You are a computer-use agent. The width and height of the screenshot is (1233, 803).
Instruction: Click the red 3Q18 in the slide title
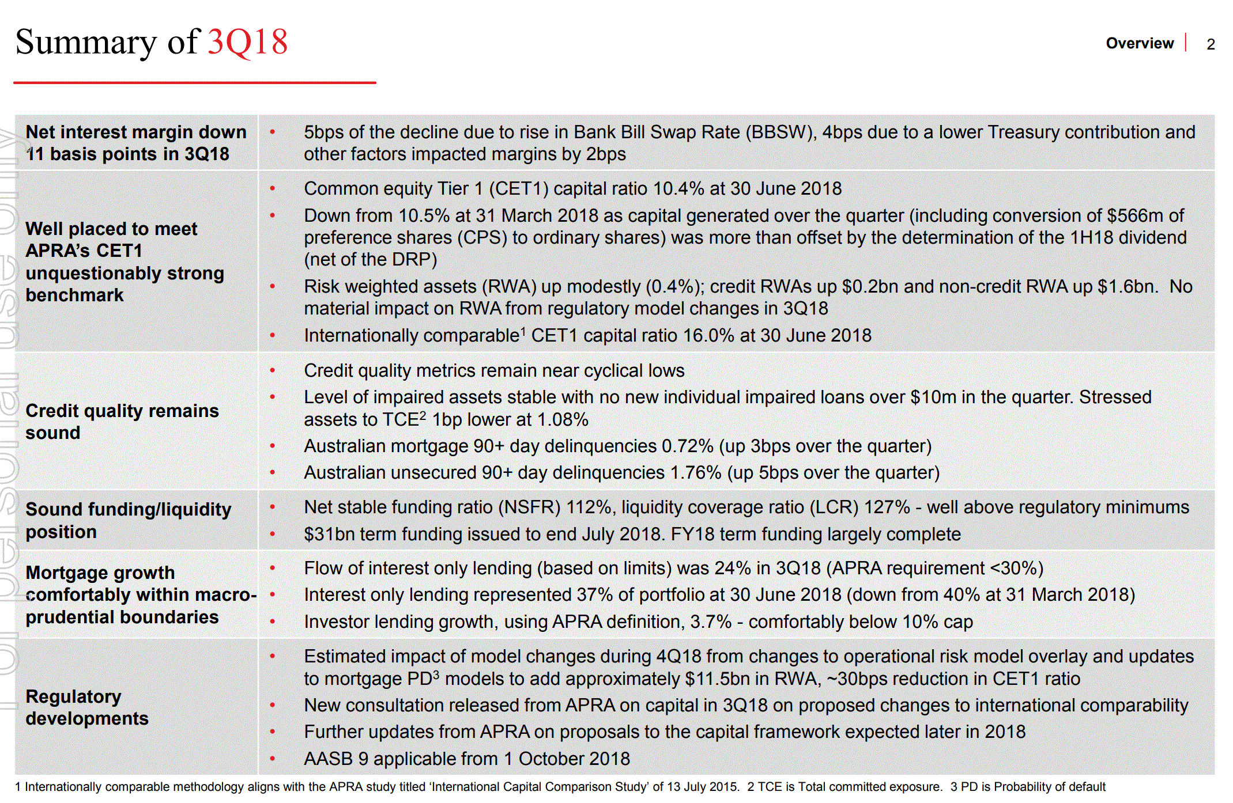click(x=247, y=42)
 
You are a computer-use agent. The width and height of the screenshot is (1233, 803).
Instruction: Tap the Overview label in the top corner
click(x=1139, y=43)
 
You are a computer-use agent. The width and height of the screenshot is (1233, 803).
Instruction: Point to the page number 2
click(x=1211, y=44)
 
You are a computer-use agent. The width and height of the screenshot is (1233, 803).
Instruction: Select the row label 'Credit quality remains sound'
click(x=122, y=421)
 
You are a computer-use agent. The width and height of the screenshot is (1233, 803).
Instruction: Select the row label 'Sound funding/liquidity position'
click(x=128, y=520)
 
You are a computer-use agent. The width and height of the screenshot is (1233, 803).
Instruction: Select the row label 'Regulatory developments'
click(x=87, y=707)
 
